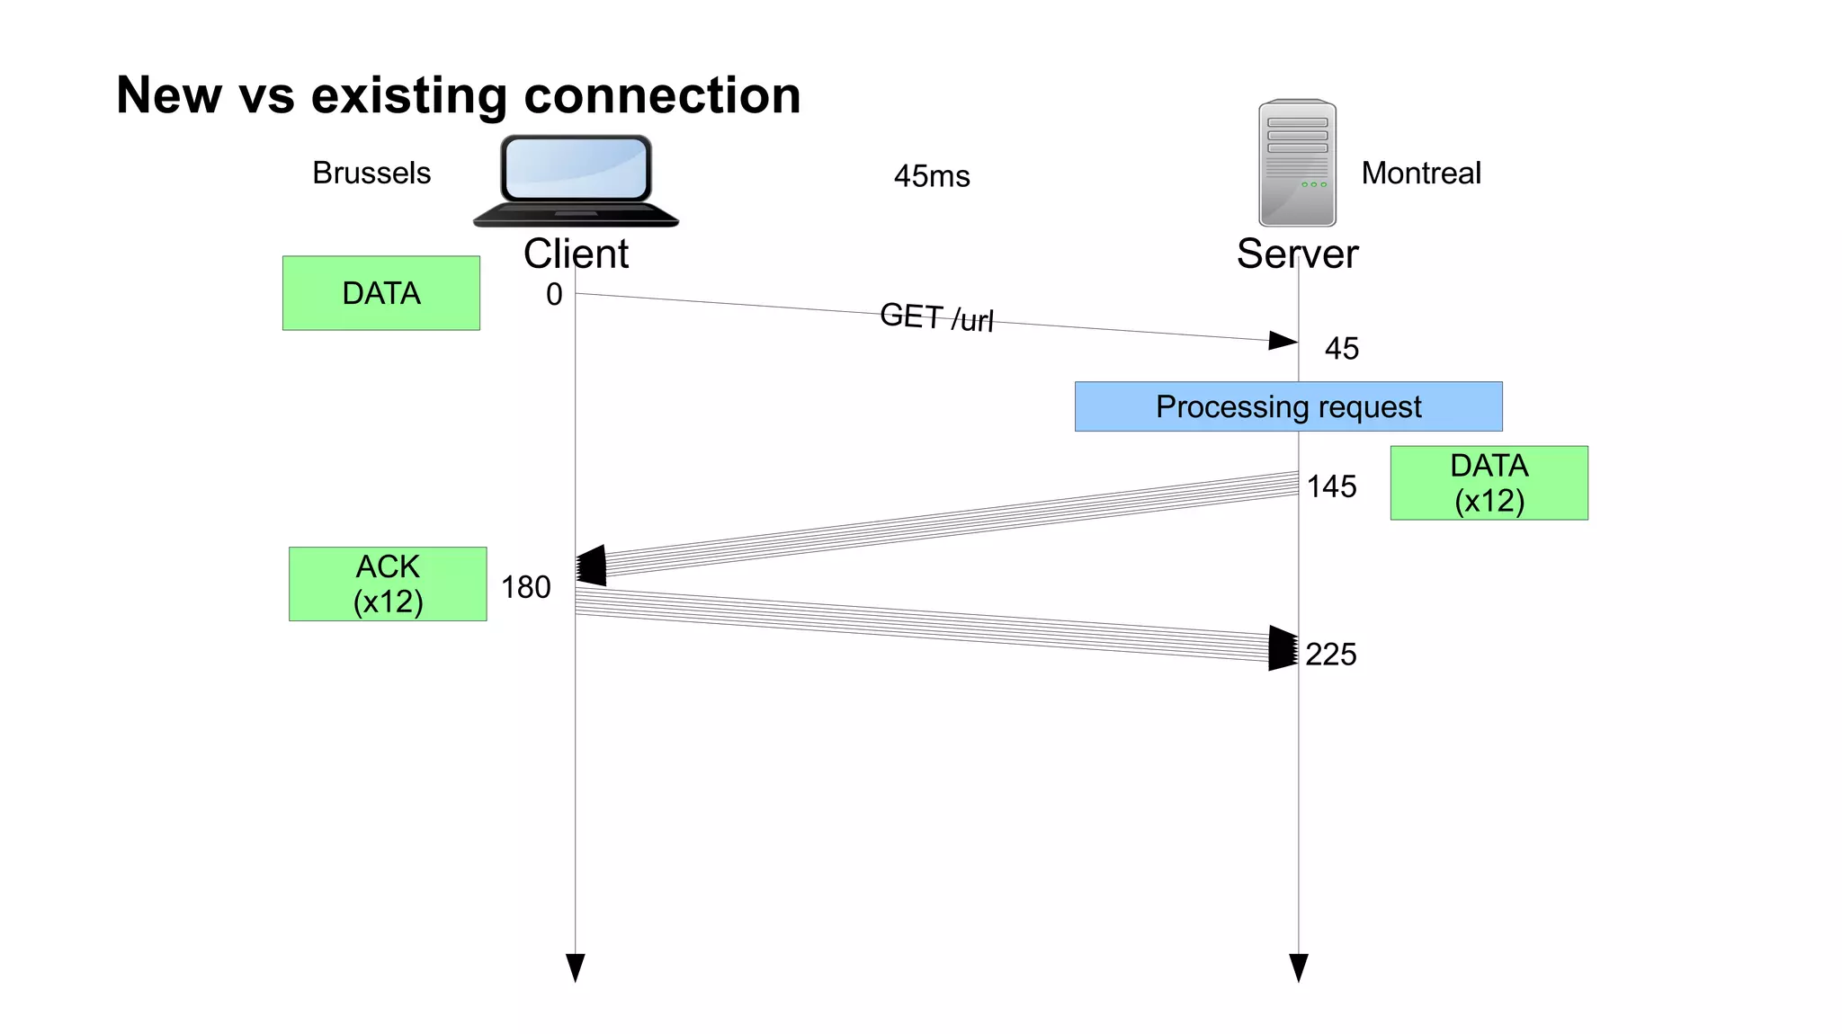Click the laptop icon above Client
tap(576, 180)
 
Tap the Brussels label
tap(371, 173)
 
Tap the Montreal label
tap(1420, 173)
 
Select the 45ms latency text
tap(932, 176)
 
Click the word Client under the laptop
tap(576, 254)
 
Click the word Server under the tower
tap(1297, 254)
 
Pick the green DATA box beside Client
tap(381, 293)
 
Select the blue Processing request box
tap(1288, 406)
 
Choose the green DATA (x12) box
tap(1489, 483)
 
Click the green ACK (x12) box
tap(388, 584)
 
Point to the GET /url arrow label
tap(936, 317)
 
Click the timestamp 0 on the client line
tap(554, 294)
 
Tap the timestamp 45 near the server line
tap(1341, 349)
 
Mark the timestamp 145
tap(1331, 486)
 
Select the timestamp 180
tap(525, 587)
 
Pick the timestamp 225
tap(1330, 654)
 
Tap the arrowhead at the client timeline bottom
tap(576, 967)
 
